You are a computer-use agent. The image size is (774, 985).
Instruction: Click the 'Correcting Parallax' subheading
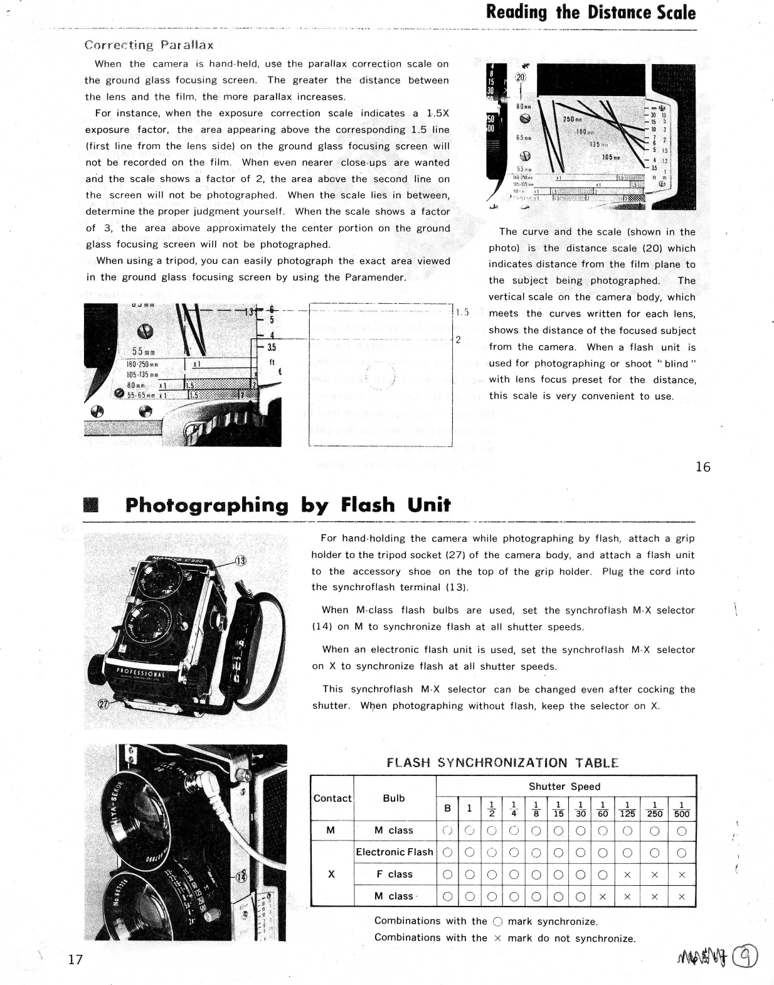[149, 45]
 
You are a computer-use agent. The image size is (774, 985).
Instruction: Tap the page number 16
[702, 466]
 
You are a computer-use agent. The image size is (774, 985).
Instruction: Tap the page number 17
[75, 959]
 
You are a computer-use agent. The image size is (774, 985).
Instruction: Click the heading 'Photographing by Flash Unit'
[287, 505]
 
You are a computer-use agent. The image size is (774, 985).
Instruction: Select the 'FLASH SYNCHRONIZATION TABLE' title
[502, 763]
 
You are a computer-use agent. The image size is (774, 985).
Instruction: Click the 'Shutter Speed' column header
[564, 786]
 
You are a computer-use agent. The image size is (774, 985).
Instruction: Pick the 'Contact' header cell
[332, 798]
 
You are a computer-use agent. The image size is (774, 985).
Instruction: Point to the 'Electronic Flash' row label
[394, 852]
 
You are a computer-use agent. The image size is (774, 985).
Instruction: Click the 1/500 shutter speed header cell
[681, 809]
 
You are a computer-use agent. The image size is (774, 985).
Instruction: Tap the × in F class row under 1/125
[627, 875]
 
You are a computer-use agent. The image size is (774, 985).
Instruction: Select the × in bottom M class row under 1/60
[602, 896]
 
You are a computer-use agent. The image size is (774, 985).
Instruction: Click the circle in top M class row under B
[447, 831]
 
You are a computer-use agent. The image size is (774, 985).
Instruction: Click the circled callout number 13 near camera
[240, 561]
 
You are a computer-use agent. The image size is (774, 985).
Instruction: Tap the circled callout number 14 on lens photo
[240, 877]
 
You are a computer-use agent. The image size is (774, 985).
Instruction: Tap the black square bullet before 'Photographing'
[92, 505]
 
